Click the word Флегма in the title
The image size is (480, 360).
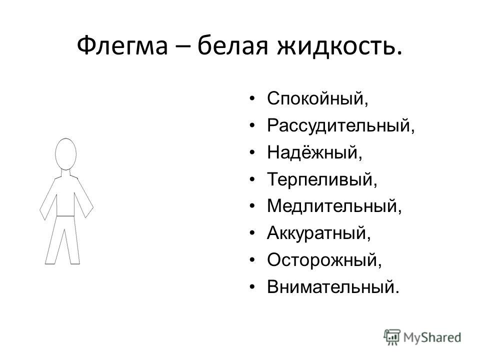tap(122, 46)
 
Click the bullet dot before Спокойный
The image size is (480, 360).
tap(252, 98)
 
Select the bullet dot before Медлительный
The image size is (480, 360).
tap(252, 206)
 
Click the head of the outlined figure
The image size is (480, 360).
tap(66, 154)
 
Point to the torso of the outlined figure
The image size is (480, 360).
tap(65, 196)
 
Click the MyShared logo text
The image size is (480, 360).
tap(432, 337)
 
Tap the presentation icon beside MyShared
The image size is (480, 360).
tap(392, 337)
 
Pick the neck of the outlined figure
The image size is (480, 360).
tap(66, 173)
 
